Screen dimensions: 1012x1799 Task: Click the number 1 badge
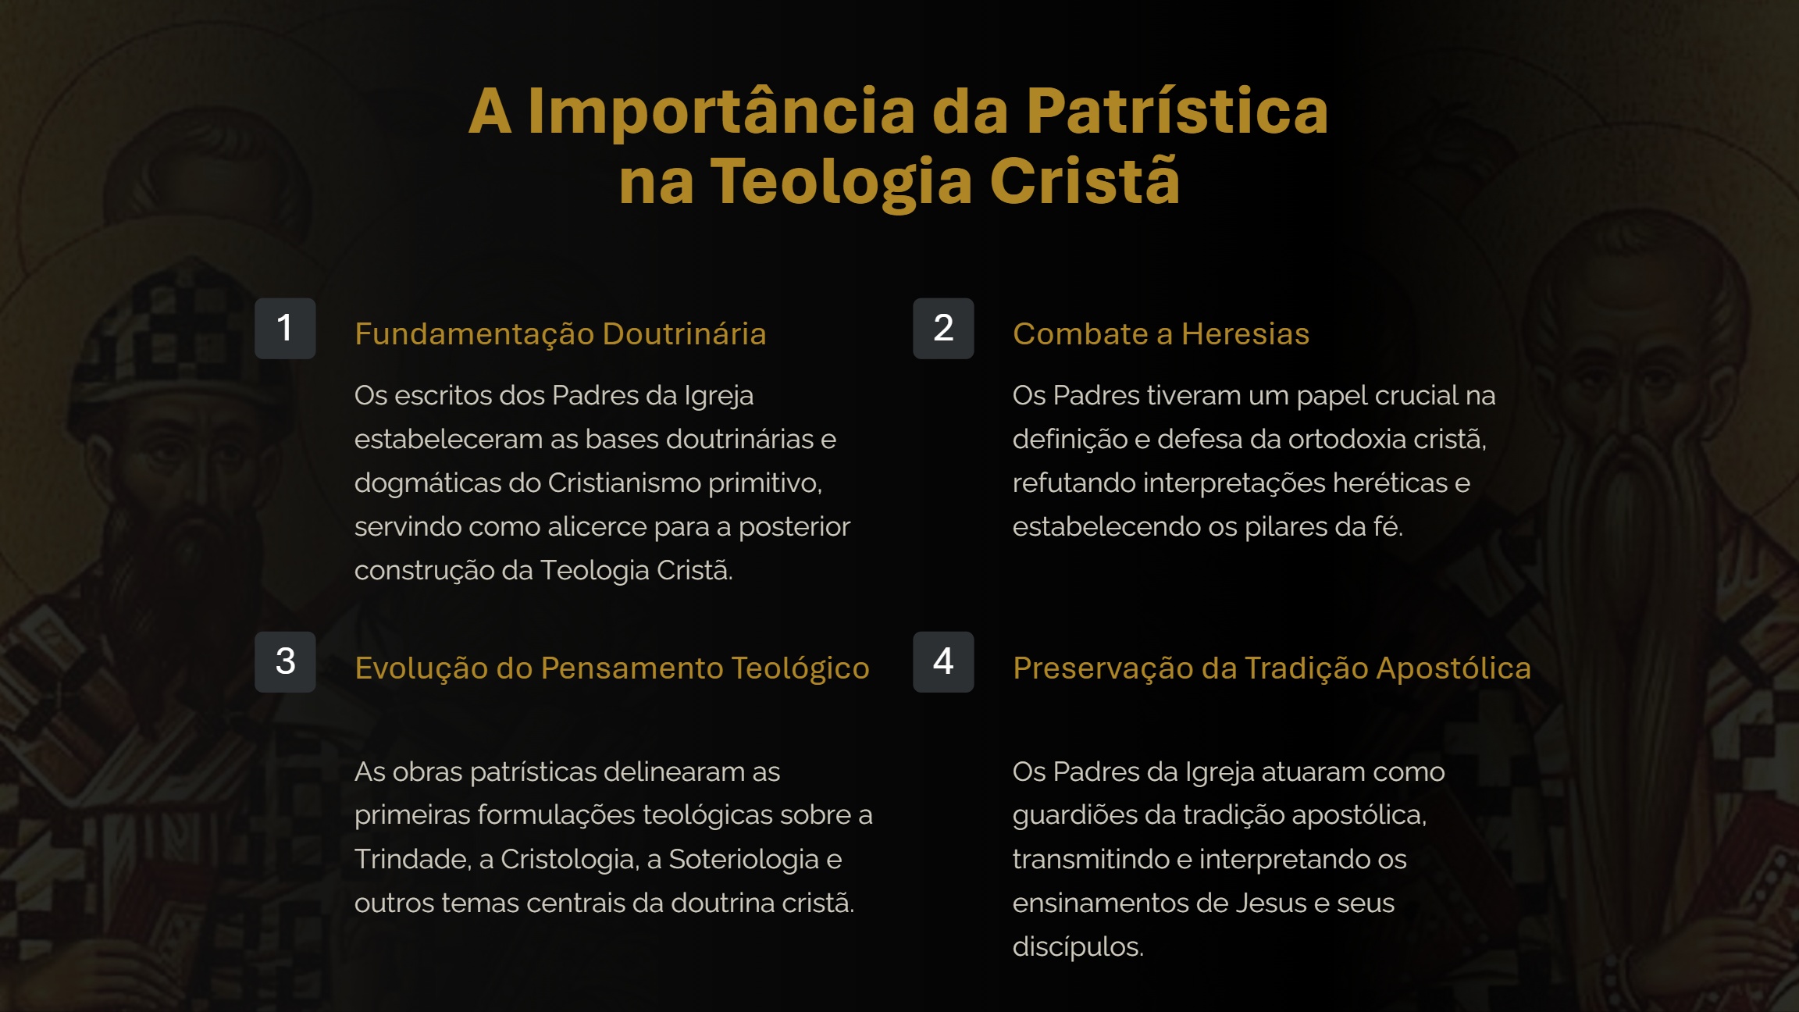pos(285,328)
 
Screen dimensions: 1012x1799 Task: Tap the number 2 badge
pos(943,328)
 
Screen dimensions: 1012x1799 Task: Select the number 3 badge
pos(285,661)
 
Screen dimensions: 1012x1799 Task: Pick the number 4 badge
pos(943,661)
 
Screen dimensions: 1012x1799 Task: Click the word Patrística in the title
pos(1177,111)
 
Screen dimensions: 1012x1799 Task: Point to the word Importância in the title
pos(721,111)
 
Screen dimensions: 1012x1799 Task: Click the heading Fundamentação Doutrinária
pos(560,334)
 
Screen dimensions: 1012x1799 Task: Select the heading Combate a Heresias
pos(1160,334)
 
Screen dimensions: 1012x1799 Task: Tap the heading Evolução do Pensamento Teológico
pos(611,668)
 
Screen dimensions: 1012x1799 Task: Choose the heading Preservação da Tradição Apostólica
pos(1271,668)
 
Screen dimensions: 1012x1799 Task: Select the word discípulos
pos(1078,946)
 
